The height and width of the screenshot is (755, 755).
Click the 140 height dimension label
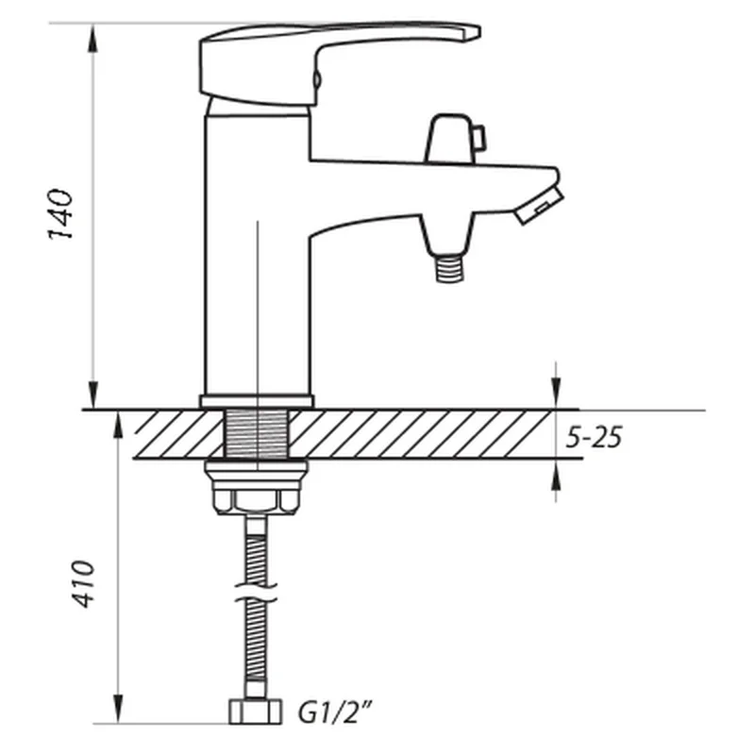[60, 214]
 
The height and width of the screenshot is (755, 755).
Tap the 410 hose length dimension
[83, 583]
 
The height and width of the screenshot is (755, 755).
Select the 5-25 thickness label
[594, 437]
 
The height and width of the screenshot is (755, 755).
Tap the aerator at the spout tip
[539, 206]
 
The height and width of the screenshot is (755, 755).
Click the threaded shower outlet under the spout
[449, 268]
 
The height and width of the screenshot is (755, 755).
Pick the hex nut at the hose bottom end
[255, 712]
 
